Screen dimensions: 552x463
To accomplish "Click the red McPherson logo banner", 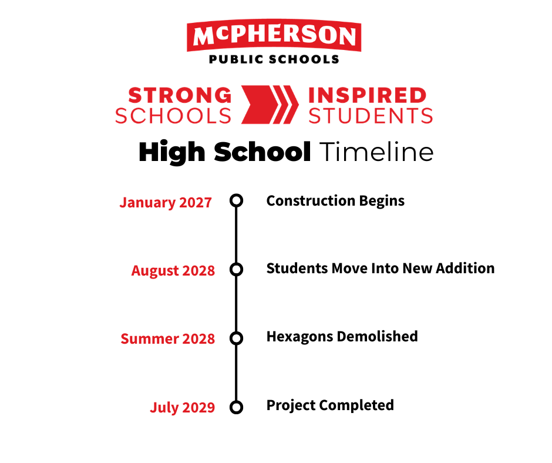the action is pyautogui.click(x=274, y=35).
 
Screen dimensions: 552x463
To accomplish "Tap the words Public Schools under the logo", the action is pyautogui.click(x=274, y=59).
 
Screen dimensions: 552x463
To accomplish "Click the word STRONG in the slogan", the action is pyautogui.click(x=180, y=96).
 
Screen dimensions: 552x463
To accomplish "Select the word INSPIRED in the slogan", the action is pyautogui.click(x=367, y=96).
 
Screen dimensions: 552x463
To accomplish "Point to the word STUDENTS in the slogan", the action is pyautogui.click(x=371, y=116).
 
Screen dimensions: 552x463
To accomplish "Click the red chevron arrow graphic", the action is pyautogui.click(x=270, y=105).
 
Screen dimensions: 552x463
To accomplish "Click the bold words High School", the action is pyautogui.click(x=225, y=152).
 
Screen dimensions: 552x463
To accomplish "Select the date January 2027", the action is pyautogui.click(x=166, y=203).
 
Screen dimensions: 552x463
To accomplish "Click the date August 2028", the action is pyautogui.click(x=173, y=271).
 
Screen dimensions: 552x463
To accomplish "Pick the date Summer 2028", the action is pyautogui.click(x=167, y=338).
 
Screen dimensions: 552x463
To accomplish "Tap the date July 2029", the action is pyautogui.click(x=183, y=407).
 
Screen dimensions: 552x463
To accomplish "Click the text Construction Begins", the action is pyautogui.click(x=335, y=201).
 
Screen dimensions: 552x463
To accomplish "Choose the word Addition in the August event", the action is pyautogui.click(x=466, y=268).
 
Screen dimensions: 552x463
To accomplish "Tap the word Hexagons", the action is pyautogui.click(x=299, y=337).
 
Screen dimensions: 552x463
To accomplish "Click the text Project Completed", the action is pyautogui.click(x=330, y=405).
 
